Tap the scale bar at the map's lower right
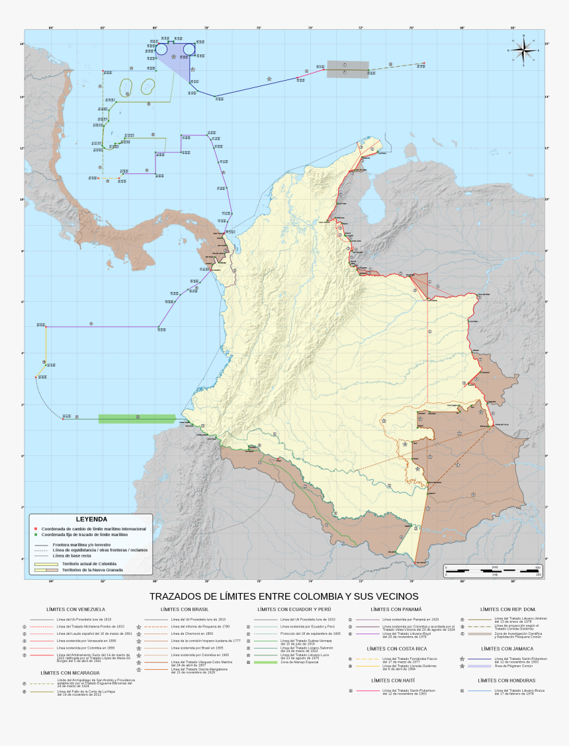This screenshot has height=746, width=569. (x=493, y=570)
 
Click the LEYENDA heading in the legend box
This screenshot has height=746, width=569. (x=91, y=520)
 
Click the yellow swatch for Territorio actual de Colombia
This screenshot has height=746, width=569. (x=46, y=563)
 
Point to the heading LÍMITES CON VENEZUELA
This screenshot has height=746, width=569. (x=75, y=609)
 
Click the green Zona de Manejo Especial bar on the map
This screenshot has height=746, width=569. (x=137, y=418)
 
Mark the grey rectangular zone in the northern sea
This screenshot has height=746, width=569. (x=347, y=70)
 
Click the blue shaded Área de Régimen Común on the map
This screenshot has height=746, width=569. (x=173, y=56)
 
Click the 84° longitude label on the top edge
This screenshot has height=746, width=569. (x=51, y=28)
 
